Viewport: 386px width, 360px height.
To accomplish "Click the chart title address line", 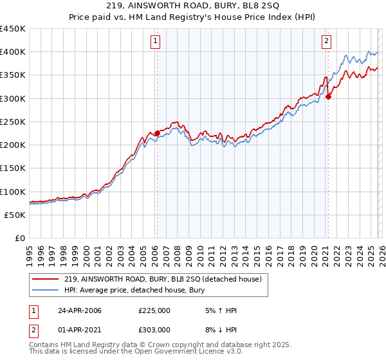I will (193, 6).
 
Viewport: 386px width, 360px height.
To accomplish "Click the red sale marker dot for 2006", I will (157, 133).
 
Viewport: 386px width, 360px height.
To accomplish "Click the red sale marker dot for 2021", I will (328, 97).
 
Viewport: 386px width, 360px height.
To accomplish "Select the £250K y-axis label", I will (13, 122).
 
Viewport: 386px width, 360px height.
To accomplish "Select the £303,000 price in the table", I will (154, 330).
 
